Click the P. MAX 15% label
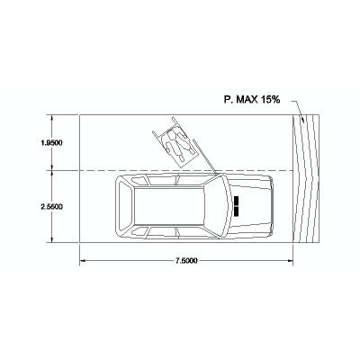coord(252,100)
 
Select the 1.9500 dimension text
coord(51,143)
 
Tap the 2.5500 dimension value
coord(51,207)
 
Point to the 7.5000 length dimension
coord(186,261)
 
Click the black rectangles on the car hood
coord(237,206)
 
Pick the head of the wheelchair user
coord(172,136)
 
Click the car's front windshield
coord(215,206)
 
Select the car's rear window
coord(126,206)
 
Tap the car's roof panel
coord(169,206)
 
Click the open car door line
coord(205,157)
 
